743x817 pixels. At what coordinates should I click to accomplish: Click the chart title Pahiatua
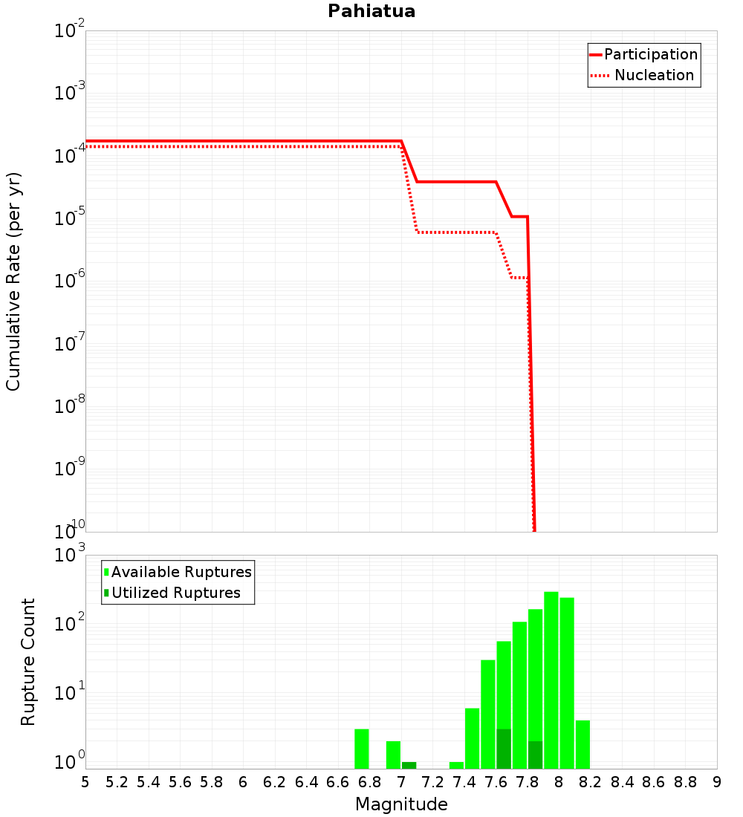pyautogui.click(x=371, y=12)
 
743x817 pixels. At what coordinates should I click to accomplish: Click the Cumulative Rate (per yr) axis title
pyautogui.click(x=13, y=281)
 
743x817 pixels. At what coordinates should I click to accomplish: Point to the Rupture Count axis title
pyautogui.click(x=28, y=662)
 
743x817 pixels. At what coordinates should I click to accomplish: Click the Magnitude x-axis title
pyautogui.click(x=401, y=804)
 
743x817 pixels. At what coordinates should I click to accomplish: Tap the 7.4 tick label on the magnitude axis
pyautogui.click(x=464, y=782)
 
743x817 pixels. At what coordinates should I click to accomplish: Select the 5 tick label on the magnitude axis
pyautogui.click(x=85, y=782)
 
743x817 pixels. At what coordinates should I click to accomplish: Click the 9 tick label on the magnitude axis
pyautogui.click(x=717, y=782)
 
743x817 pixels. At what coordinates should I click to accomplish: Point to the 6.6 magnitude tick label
pyautogui.click(x=338, y=782)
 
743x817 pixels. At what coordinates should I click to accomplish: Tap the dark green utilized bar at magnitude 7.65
pyautogui.click(x=504, y=749)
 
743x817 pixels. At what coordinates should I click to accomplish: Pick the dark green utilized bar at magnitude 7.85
pyautogui.click(x=536, y=755)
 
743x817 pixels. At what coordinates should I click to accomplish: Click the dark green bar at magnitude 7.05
pyautogui.click(x=409, y=765)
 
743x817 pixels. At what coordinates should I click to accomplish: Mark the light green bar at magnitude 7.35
pyautogui.click(x=456, y=765)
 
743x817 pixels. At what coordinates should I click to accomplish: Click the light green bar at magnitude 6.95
pyautogui.click(x=393, y=755)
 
